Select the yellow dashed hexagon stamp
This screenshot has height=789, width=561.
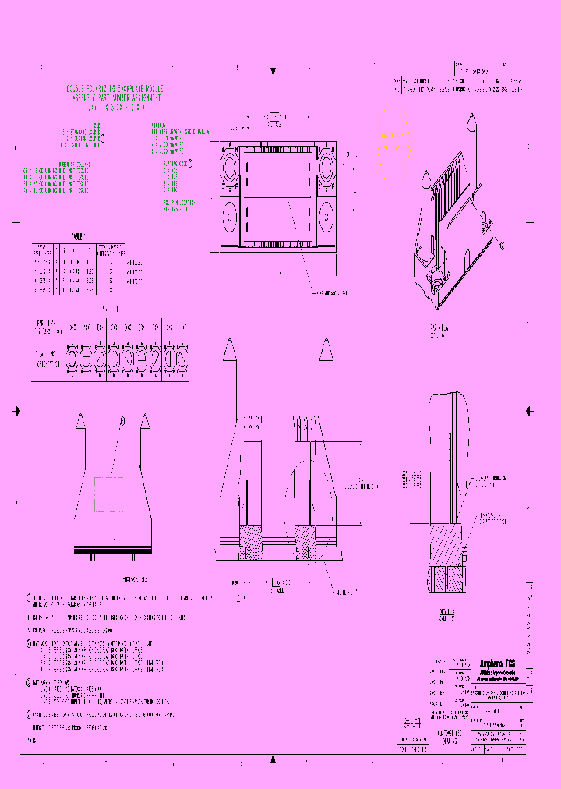(x=394, y=140)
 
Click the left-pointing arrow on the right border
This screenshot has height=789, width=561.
(x=529, y=410)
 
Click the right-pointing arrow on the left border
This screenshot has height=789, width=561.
(x=17, y=410)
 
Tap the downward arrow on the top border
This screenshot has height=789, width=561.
(x=273, y=71)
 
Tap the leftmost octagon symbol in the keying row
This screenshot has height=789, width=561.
(x=74, y=359)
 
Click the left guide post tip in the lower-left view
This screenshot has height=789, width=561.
(x=80, y=420)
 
